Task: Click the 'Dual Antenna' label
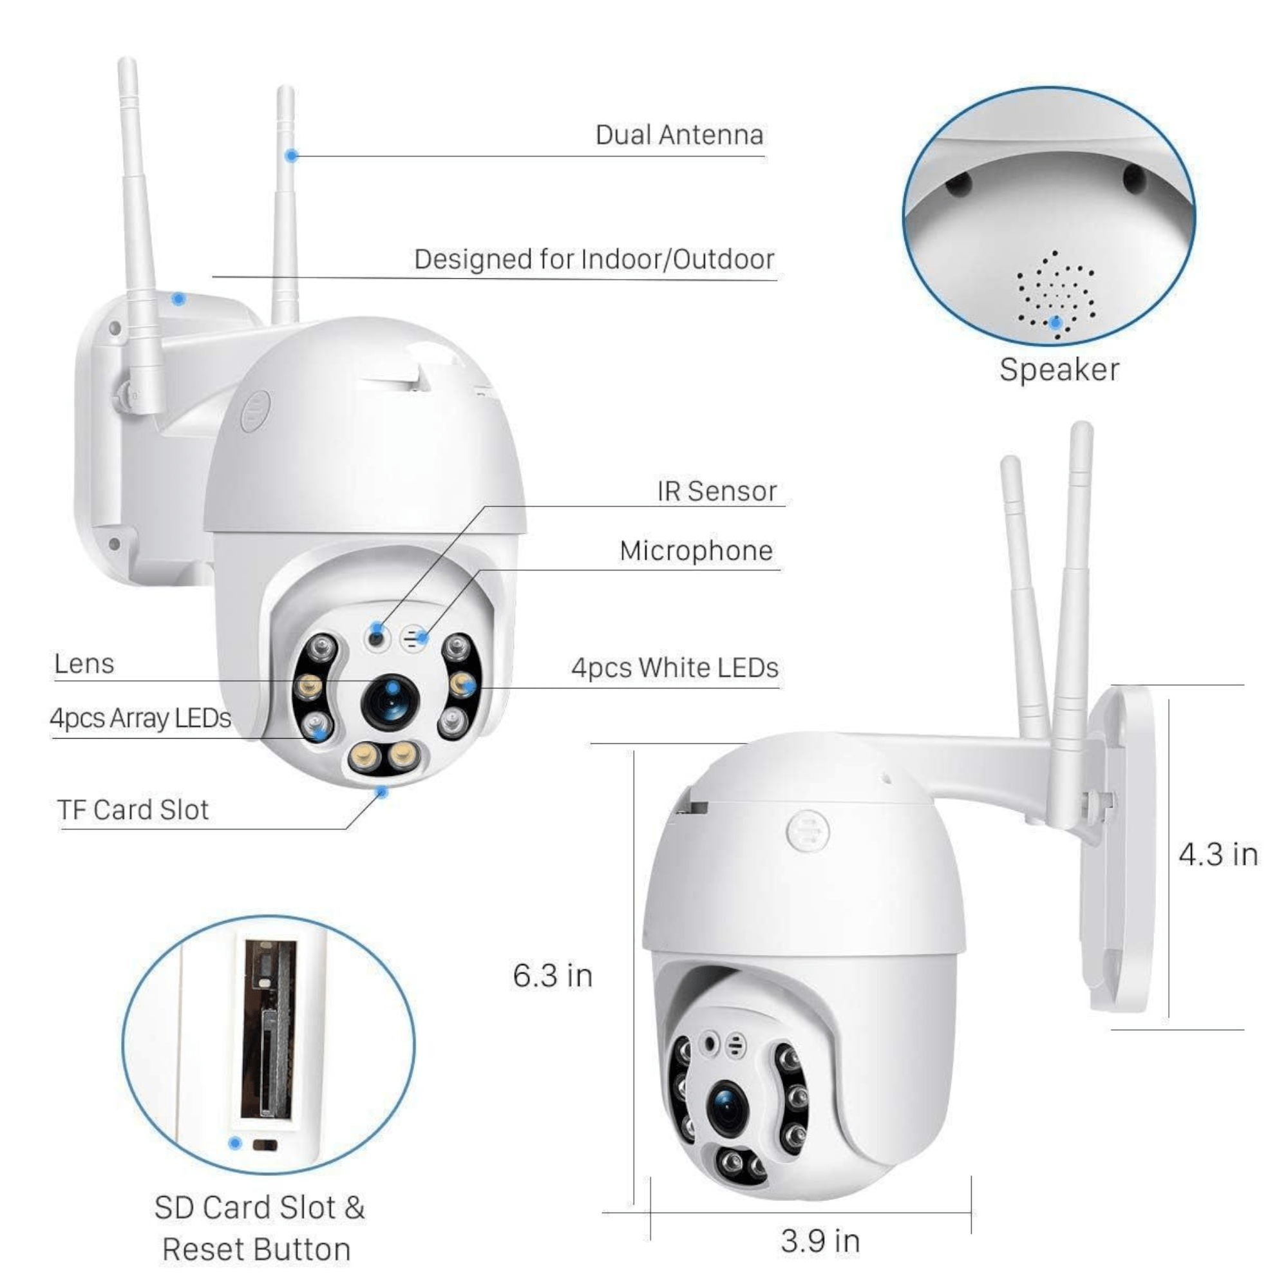pos(679,135)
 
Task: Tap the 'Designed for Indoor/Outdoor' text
pos(594,260)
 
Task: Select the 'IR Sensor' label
pos(717,491)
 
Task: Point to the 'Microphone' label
pos(696,551)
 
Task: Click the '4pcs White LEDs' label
pos(675,668)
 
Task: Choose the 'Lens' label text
pos(84,664)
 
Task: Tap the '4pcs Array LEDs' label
pos(140,719)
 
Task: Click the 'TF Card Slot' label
pos(133,810)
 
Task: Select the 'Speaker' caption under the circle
pos(1059,371)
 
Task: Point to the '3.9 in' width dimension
pos(820,1242)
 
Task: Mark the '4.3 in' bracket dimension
pos(1218,855)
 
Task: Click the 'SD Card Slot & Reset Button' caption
pos(259,1229)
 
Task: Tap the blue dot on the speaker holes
pos(1056,323)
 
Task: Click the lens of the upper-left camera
pos(389,703)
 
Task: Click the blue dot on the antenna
pos(291,156)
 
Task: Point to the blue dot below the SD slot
pos(234,1143)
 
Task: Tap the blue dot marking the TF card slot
pos(382,792)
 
